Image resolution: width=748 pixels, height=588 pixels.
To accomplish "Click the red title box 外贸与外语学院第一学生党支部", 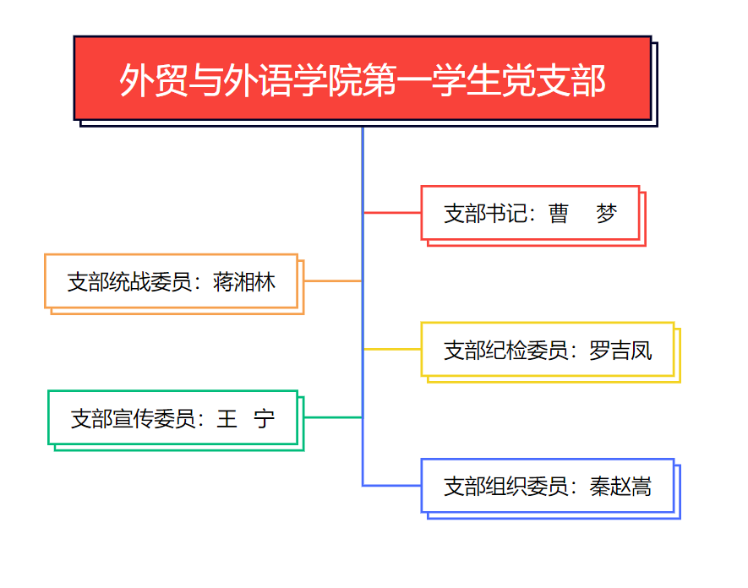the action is pyautogui.click(x=363, y=78).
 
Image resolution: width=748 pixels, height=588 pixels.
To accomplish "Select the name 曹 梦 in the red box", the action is pyautogui.click(x=582, y=213).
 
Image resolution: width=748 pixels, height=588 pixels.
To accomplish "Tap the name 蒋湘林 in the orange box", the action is pyautogui.click(x=243, y=282).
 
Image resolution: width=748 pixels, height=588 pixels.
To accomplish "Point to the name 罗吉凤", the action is pyautogui.click(x=620, y=351).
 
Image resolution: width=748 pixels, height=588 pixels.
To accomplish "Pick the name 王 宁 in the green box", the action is pyautogui.click(x=245, y=419).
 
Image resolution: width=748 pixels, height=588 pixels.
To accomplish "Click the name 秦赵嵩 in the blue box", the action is pyautogui.click(x=620, y=487).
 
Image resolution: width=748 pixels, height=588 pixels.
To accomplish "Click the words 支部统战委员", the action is pyautogui.click(x=129, y=282).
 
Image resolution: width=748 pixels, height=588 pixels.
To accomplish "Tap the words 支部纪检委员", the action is pyautogui.click(x=505, y=351).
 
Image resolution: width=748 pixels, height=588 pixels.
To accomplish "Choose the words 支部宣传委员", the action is pyautogui.click(x=133, y=419).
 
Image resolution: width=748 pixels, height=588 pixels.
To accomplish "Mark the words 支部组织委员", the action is pyautogui.click(x=505, y=487).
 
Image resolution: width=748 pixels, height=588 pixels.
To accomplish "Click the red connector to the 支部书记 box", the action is pyautogui.click(x=392, y=212).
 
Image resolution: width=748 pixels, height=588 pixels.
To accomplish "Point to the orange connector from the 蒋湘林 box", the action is pyautogui.click(x=333, y=280).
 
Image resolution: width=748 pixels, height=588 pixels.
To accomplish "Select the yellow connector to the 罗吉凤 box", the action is pyautogui.click(x=392, y=349).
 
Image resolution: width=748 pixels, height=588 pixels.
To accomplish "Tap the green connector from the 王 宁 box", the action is pyautogui.click(x=333, y=417).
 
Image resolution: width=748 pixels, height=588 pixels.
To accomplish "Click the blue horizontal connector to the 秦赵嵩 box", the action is pyautogui.click(x=392, y=486).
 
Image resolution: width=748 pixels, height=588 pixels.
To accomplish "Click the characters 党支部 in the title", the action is pyautogui.click(x=554, y=80).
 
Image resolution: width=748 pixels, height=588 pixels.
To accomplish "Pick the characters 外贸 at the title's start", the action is pyautogui.click(x=154, y=80).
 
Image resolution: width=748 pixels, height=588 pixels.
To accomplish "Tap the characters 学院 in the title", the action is pyautogui.click(x=328, y=80).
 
